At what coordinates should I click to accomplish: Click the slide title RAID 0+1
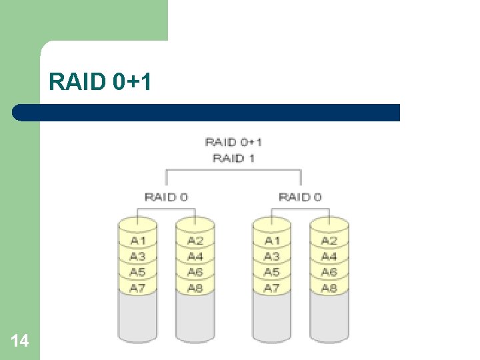[x=101, y=82]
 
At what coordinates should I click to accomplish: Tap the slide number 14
[x=20, y=341]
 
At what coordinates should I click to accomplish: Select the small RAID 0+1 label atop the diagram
[x=233, y=142]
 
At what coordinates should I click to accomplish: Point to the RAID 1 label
[x=233, y=158]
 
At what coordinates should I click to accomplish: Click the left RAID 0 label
[x=166, y=197]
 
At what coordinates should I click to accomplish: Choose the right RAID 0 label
[x=300, y=197]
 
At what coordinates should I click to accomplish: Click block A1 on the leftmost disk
[x=138, y=241]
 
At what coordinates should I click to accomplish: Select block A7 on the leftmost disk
[x=138, y=288]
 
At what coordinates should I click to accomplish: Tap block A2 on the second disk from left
[x=195, y=241]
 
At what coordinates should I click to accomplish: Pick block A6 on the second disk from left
[x=195, y=272]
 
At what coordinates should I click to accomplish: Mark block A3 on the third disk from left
[x=271, y=257]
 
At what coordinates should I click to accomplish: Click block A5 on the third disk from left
[x=271, y=272]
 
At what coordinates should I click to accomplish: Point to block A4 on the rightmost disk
[x=329, y=257]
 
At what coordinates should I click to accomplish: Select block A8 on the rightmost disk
[x=329, y=288]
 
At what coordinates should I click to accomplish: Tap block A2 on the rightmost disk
[x=329, y=241]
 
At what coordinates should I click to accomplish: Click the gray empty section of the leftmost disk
[x=138, y=319]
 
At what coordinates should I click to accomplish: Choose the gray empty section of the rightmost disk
[x=329, y=319]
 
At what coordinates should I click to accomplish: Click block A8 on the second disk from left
[x=195, y=288]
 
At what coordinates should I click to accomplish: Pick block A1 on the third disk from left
[x=271, y=241]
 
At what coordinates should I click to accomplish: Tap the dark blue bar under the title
[x=207, y=112]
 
